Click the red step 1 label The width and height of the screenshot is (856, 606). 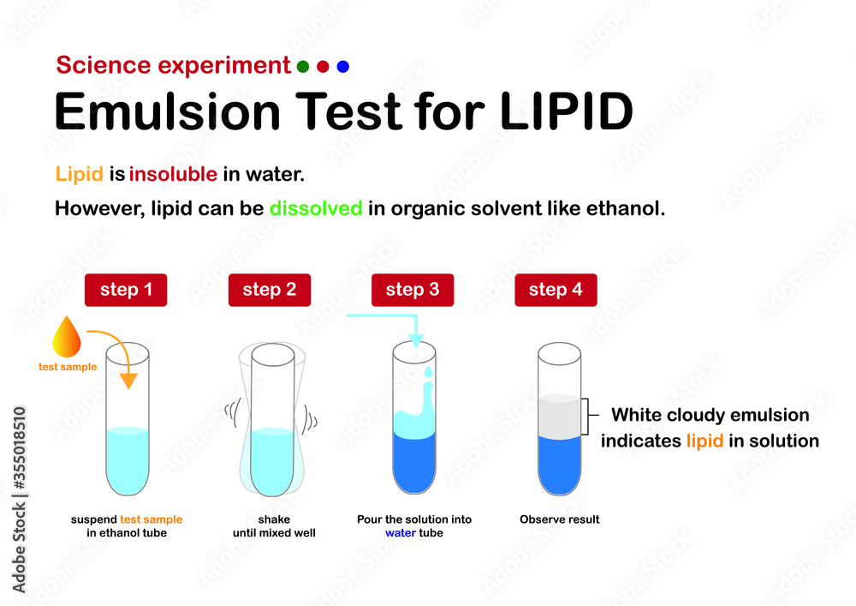tap(126, 290)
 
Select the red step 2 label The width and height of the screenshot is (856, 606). tap(269, 290)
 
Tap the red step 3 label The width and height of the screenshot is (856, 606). tap(412, 290)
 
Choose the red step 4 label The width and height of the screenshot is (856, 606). tap(555, 290)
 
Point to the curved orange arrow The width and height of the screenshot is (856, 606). tap(118, 347)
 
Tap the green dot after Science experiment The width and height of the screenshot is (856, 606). tap(302, 66)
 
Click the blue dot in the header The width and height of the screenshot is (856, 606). tap(342, 66)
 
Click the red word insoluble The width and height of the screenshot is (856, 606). tap(173, 175)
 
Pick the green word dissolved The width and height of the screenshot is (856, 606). tap(316, 208)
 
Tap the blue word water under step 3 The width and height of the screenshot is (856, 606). tap(401, 532)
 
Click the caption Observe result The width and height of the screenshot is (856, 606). tap(559, 519)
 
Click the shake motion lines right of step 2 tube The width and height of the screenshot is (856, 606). tap(312, 420)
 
